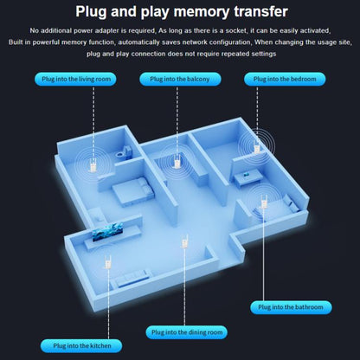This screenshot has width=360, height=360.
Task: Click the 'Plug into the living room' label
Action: point(75,79)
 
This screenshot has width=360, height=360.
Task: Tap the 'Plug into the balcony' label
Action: point(180,79)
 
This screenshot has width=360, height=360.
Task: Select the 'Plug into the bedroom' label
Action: point(285,79)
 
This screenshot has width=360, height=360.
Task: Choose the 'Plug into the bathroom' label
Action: point(291,307)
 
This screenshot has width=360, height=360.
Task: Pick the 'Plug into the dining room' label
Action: point(187,332)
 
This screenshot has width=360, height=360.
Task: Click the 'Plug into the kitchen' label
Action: point(81,345)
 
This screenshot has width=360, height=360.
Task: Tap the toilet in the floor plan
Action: point(125,151)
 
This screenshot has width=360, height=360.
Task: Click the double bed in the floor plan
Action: point(133,191)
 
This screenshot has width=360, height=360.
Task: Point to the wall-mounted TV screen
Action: point(107,231)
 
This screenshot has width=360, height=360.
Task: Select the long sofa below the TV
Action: point(131,279)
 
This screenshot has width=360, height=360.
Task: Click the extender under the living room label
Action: point(93,166)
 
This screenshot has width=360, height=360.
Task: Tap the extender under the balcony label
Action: point(177,162)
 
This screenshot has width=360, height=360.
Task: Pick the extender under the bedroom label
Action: point(256,147)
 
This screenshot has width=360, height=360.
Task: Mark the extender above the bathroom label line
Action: point(263,202)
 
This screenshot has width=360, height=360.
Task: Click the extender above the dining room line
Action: point(184,241)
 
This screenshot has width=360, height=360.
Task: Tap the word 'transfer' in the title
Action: point(261,11)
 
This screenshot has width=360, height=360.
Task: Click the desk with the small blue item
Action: point(247,177)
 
